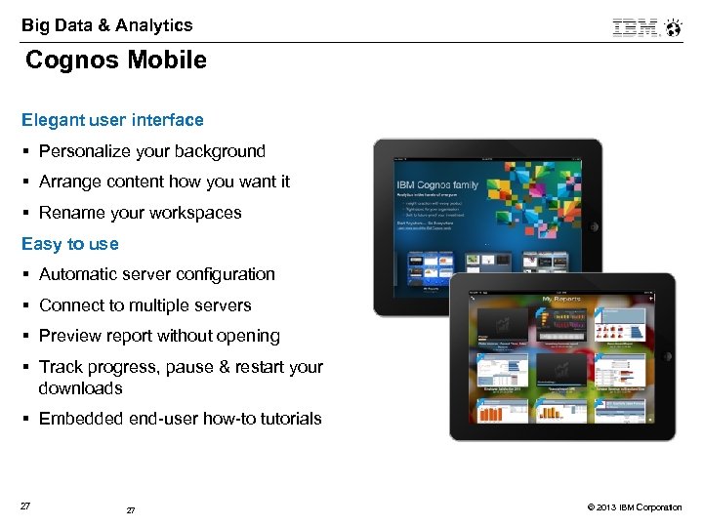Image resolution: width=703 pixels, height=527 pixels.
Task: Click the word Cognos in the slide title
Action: (x=69, y=61)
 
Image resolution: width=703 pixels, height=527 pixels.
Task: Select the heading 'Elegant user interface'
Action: (x=112, y=120)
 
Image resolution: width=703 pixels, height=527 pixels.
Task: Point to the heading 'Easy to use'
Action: (x=69, y=244)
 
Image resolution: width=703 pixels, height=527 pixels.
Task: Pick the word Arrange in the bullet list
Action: (x=70, y=182)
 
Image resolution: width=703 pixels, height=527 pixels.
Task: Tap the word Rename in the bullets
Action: (x=71, y=213)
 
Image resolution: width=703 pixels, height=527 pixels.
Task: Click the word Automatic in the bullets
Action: (x=79, y=274)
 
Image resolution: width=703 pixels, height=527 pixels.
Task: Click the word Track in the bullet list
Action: (x=61, y=367)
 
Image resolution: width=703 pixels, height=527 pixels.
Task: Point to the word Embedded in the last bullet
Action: (x=81, y=419)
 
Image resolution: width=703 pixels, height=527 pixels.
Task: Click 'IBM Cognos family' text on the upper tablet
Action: (x=436, y=184)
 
